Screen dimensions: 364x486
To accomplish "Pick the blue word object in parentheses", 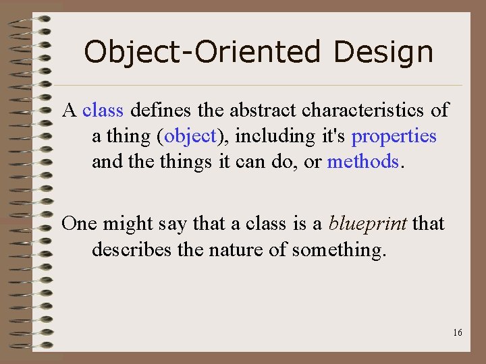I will tap(190, 136).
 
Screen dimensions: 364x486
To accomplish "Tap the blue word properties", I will tap(394, 136).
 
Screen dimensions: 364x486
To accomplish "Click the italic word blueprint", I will tap(368, 223).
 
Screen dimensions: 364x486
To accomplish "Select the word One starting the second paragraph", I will tap(78, 223).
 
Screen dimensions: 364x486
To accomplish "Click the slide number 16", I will tap(458, 333).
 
